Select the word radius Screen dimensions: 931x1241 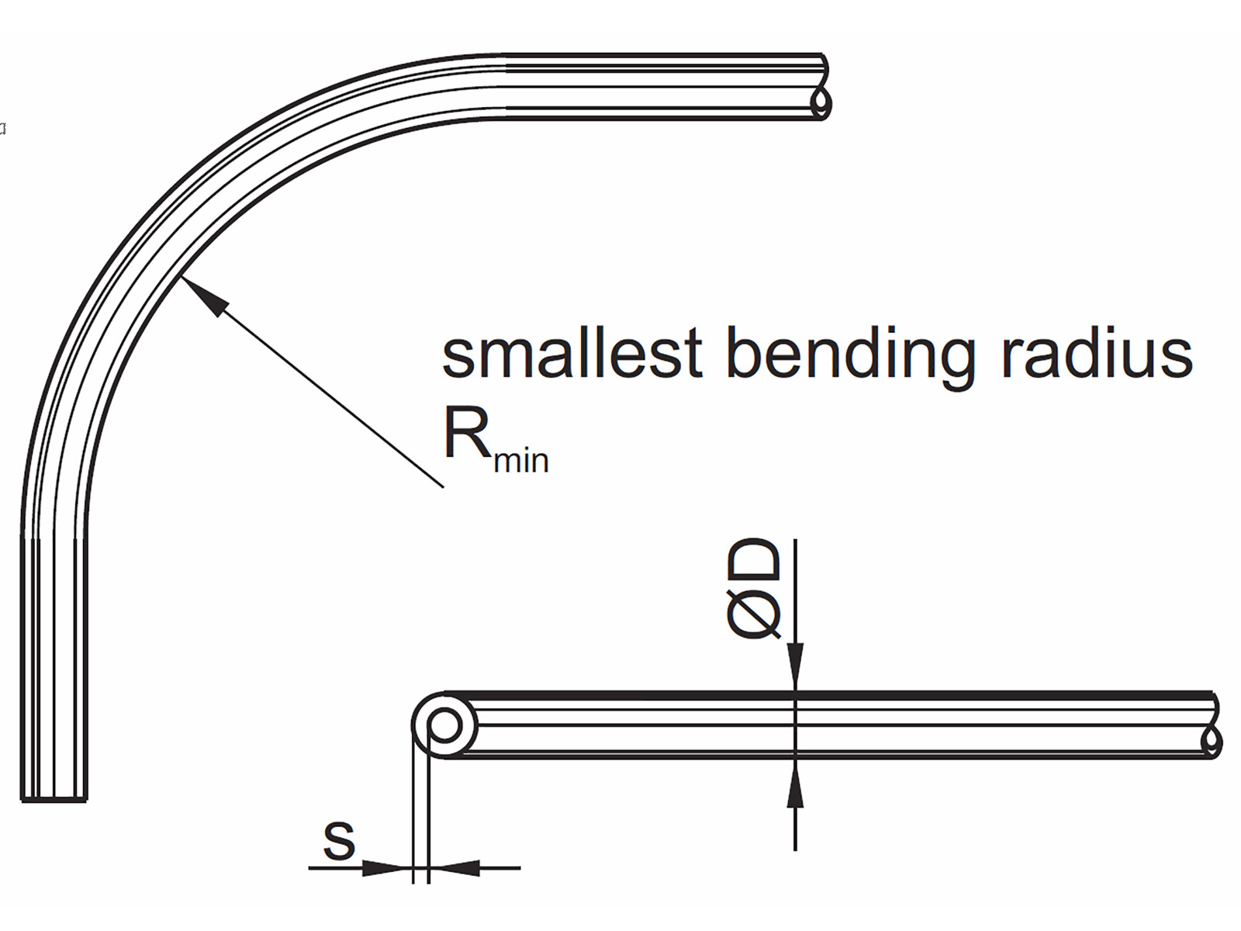coord(1097,354)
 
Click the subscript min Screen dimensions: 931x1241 coord(521,460)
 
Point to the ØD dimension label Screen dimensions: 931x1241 coord(754,590)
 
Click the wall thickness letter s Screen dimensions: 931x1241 coord(339,840)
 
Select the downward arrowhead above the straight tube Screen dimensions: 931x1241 coord(796,667)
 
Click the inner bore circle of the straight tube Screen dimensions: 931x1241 coord(444,727)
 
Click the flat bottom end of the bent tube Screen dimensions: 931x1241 coord(54,799)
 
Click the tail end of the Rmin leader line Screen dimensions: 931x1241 coord(443,486)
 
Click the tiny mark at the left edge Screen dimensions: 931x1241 coord(2,128)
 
